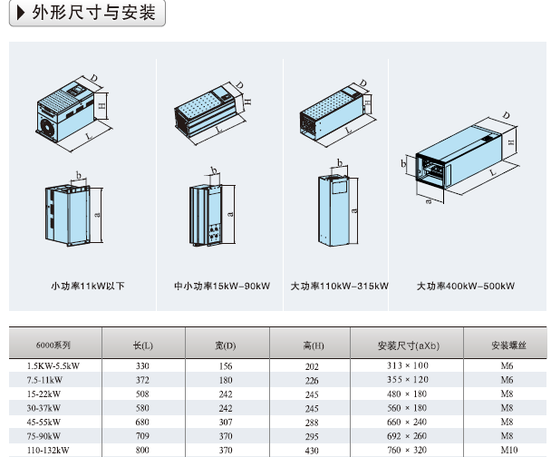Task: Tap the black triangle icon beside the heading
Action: tap(21, 13)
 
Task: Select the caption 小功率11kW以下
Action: tap(88, 287)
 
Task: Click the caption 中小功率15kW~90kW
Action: tap(222, 287)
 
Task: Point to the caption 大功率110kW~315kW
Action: tap(339, 287)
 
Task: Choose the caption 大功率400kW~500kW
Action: tap(465, 287)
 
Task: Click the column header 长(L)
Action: tap(142, 345)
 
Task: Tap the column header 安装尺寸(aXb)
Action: tap(408, 345)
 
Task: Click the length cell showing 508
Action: tap(142, 394)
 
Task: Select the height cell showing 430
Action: tap(313, 450)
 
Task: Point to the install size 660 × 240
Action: tap(409, 422)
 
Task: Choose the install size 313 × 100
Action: tap(409, 365)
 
